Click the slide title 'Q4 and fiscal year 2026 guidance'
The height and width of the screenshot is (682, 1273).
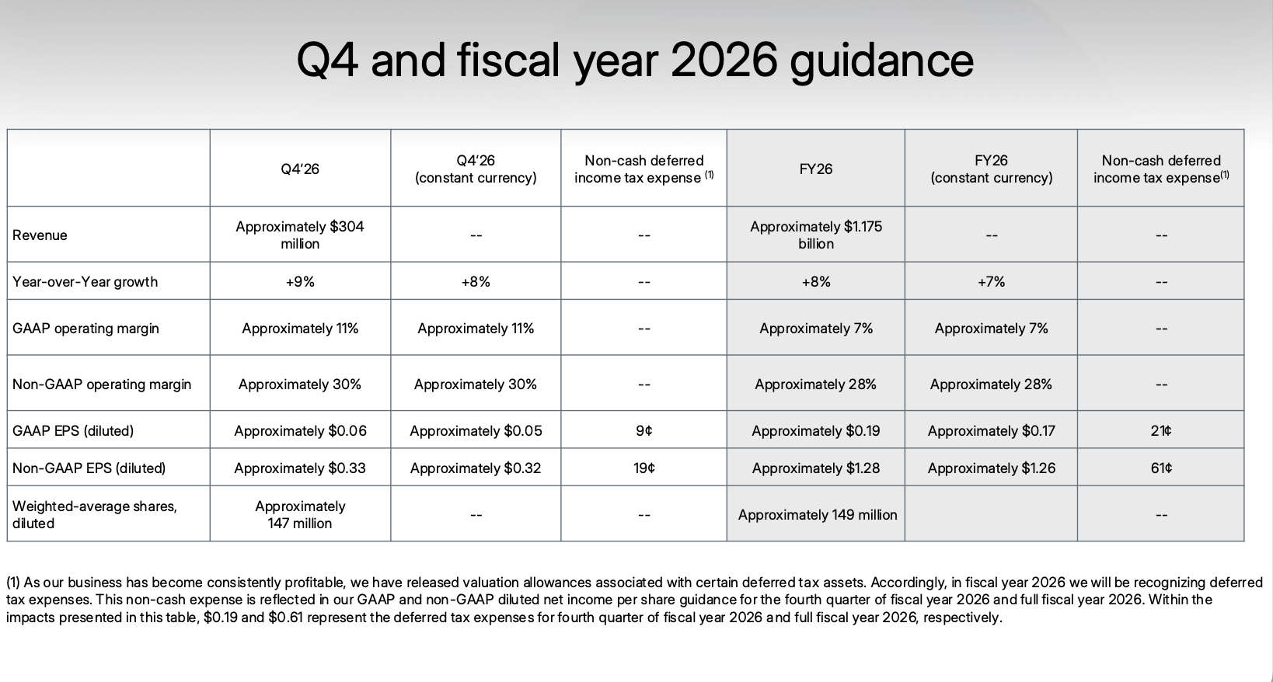pos(635,61)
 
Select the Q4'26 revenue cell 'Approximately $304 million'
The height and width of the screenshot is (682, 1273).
pos(300,235)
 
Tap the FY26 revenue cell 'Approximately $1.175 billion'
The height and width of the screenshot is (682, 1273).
pos(815,235)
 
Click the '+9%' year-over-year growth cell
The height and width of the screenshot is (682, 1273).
pos(300,281)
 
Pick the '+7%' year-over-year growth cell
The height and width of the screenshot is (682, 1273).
pos(991,281)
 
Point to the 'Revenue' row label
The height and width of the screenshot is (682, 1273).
pos(40,235)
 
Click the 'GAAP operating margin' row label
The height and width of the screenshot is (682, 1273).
pos(85,329)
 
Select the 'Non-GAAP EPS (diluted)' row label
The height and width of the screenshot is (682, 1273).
pos(89,468)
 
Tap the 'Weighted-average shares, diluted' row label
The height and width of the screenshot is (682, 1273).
pos(95,514)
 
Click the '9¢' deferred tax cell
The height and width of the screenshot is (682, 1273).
pos(643,430)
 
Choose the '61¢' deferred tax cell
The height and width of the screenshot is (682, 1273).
pos(1161,468)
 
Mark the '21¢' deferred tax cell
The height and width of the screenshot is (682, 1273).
pos(1161,430)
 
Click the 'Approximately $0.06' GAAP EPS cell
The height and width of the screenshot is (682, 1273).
pos(300,431)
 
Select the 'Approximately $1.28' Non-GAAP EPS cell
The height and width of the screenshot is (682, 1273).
pos(815,468)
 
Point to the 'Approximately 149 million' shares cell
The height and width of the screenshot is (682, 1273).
pos(818,515)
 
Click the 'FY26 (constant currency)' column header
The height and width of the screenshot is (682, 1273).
pos(991,169)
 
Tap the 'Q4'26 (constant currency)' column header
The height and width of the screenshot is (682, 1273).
pos(476,169)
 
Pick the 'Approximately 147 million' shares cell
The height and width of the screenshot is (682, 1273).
pos(300,514)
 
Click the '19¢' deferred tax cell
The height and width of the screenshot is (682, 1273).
pos(643,468)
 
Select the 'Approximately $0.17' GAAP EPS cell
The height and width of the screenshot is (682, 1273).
pos(991,431)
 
